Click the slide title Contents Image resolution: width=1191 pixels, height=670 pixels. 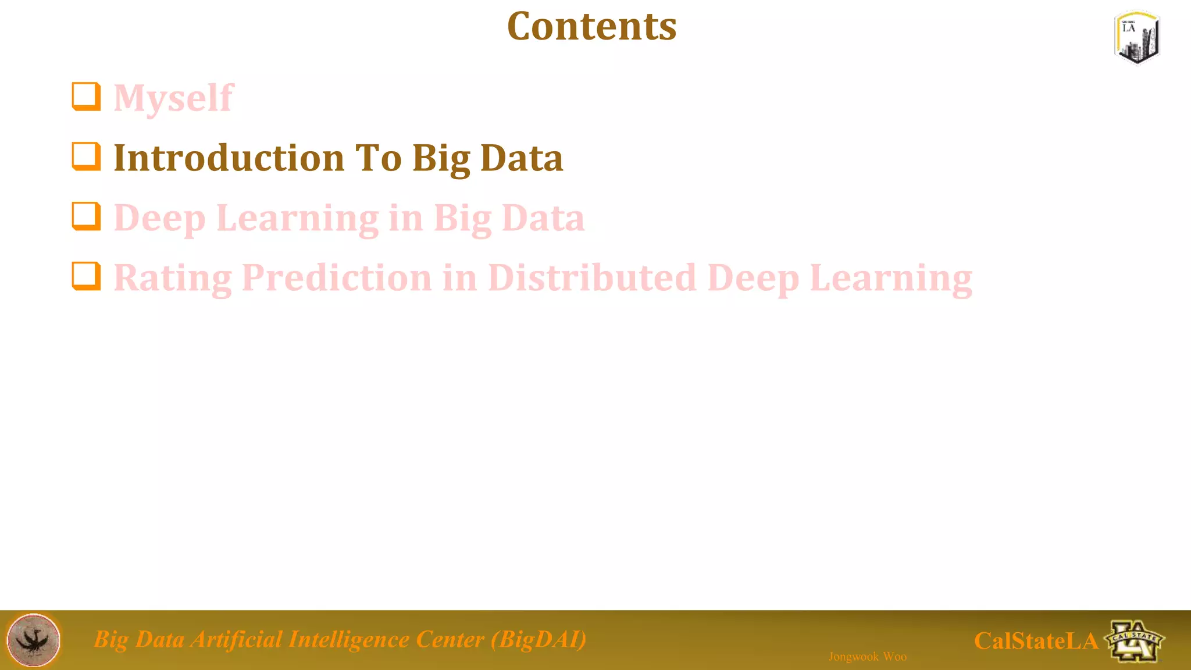(591, 27)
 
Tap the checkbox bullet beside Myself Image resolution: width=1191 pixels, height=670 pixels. (86, 96)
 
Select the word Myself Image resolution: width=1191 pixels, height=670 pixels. (173, 98)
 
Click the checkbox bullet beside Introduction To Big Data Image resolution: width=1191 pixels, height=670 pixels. (86, 156)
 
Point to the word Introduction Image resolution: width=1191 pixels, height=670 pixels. (229, 158)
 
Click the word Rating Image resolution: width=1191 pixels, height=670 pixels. (172, 278)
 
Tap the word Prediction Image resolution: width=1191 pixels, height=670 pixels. (336, 278)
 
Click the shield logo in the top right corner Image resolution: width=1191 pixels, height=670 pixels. (1137, 37)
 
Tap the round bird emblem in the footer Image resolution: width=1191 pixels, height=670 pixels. (33, 640)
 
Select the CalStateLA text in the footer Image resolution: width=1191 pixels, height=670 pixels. (1036, 642)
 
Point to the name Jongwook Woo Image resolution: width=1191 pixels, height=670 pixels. (867, 657)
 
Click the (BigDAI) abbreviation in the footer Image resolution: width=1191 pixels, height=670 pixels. (539, 639)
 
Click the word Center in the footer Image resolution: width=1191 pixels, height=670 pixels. (450, 639)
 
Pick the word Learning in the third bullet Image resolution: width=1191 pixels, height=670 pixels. (297, 219)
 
